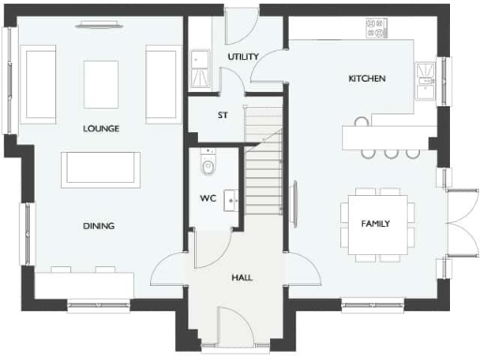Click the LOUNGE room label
(x=100, y=128)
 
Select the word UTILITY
(x=243, y=57)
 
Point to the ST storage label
(x=222, y=116)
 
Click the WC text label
(x=207, y=198)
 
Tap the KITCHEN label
(x=367, y=79)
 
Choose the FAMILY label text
(x=375, y=224)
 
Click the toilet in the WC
(x=207, y=166)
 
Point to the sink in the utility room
(x=201, y=63)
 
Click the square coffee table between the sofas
(x=101, y=83)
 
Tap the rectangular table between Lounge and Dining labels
(x=100, y=169)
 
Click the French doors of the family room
(x=461, y=223)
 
